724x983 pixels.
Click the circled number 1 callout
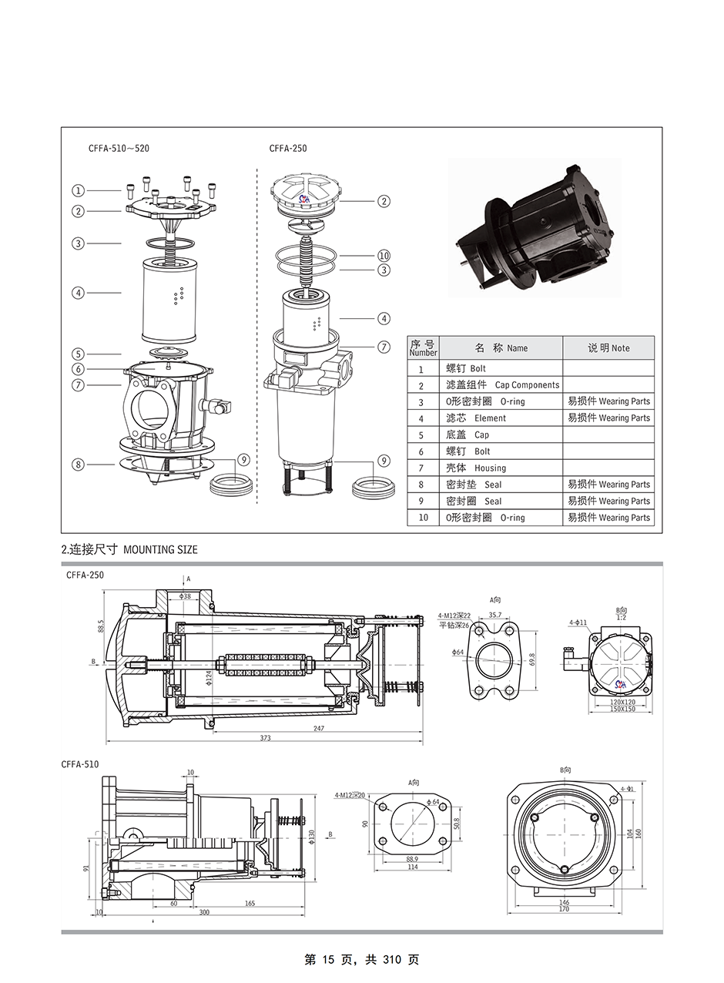(79, 190)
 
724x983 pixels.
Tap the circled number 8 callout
(79, 465)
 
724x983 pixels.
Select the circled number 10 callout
(384, 256)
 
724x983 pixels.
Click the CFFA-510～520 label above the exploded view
(119, 148)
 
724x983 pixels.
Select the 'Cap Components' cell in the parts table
(502, 385)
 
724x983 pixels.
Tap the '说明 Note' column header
(608, 348)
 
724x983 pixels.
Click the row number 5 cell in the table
(421, 435)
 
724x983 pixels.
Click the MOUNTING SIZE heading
(160, 550)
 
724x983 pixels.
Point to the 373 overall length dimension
(265, 738)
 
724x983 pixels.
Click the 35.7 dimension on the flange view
(495, 616)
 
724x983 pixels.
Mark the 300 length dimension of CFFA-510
(203, 912)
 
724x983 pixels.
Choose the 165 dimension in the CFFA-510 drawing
(250, 903)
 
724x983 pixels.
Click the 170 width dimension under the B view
(564, 909)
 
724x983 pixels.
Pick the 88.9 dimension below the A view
(412, 859)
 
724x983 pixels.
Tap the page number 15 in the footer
(327, 960)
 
